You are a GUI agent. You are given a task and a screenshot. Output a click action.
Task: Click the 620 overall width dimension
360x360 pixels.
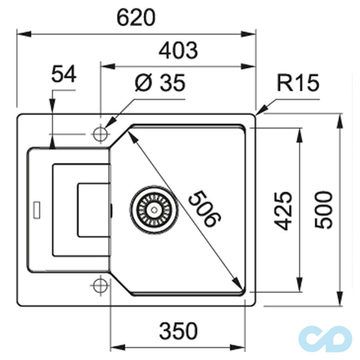click(x=136, y=18)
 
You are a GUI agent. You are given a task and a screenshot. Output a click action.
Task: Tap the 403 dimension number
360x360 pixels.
click(x=178, y=51)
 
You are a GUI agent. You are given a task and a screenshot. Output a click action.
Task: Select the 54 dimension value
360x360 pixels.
click(x=64, y=75)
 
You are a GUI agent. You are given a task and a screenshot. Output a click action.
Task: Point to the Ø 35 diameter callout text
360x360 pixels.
click(x=160, y=83)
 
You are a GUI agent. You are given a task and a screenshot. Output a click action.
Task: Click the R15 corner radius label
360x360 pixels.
click(x=298, y=83)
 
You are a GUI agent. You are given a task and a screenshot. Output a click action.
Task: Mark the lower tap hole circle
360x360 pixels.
click(x=99, y=285)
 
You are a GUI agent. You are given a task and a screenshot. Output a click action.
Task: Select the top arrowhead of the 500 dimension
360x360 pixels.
click(x=340, y=119)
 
